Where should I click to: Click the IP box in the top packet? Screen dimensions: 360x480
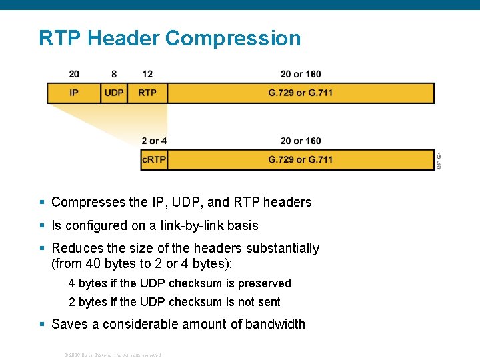(x=73, y=93)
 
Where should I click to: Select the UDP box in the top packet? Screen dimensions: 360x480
(x=114, y=93)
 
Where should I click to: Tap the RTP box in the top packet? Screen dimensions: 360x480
(x=147, y=93)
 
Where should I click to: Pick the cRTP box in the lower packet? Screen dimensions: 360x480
(x=154, y=160)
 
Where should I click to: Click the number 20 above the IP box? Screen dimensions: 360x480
(x=74, y=74)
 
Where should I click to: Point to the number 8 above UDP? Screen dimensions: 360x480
(x=114, y=74)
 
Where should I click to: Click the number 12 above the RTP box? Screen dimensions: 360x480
(x=147, y=74)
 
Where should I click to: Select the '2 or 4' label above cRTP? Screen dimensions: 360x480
(x=154, y=141)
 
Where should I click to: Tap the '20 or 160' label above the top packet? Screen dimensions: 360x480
(x=301, y=74)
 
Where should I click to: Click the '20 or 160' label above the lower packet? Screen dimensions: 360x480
(x=301, y=141)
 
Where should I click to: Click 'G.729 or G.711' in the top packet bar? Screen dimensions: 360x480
(x=300, y=93)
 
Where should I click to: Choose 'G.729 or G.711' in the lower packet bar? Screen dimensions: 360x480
(x=300, y=160)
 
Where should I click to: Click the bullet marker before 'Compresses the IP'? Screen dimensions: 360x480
(x=42, y=202)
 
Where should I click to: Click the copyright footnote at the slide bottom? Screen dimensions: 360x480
(x=112, y=355)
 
